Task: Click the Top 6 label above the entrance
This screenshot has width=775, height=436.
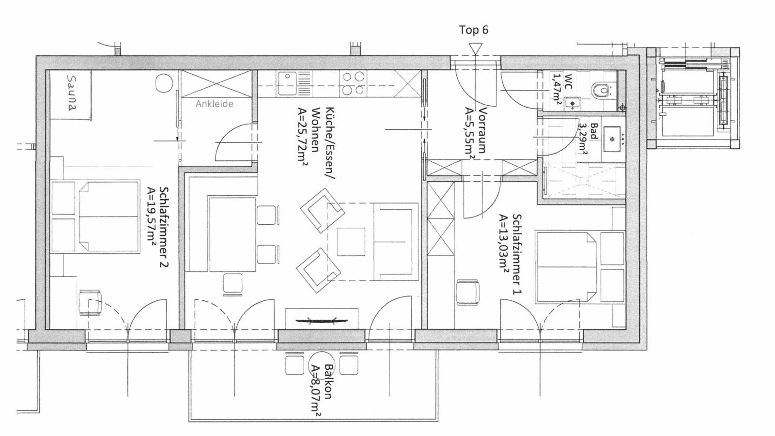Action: (x=473, y=30)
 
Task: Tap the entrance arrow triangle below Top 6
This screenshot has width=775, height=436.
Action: (x=476, y=48)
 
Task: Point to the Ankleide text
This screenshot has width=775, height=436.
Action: (x=215, y=104)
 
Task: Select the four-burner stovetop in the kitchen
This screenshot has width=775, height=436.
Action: (x=353, y=83)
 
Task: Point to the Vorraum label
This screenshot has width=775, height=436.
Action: (x=482, y=131)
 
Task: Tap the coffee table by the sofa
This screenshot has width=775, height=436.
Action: (x=351, y=242)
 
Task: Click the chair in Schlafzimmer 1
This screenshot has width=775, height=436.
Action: (x=468, y=293)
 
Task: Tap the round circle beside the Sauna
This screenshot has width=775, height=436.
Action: (x=165, y=84)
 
